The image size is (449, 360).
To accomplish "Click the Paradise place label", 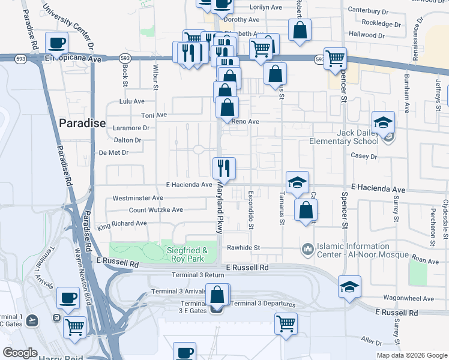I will click(82, 124).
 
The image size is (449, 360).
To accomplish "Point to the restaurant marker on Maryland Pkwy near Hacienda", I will click(224, 167).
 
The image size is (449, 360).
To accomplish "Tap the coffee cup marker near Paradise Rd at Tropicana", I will click(57, 43).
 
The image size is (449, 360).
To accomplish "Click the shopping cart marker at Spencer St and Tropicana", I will click(335, 58).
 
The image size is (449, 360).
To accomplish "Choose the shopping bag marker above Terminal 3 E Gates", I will click(217, 295).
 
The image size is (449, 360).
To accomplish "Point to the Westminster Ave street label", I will click(137, 198).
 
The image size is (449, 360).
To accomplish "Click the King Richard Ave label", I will click(122, 224).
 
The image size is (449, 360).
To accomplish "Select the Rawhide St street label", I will click(243, 247).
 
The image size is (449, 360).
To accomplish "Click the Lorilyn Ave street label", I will click(265, 7).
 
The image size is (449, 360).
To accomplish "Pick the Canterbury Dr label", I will click(373, 11).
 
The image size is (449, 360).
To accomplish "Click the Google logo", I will click(20, 353).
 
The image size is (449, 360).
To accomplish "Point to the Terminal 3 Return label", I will click(197, 275).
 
